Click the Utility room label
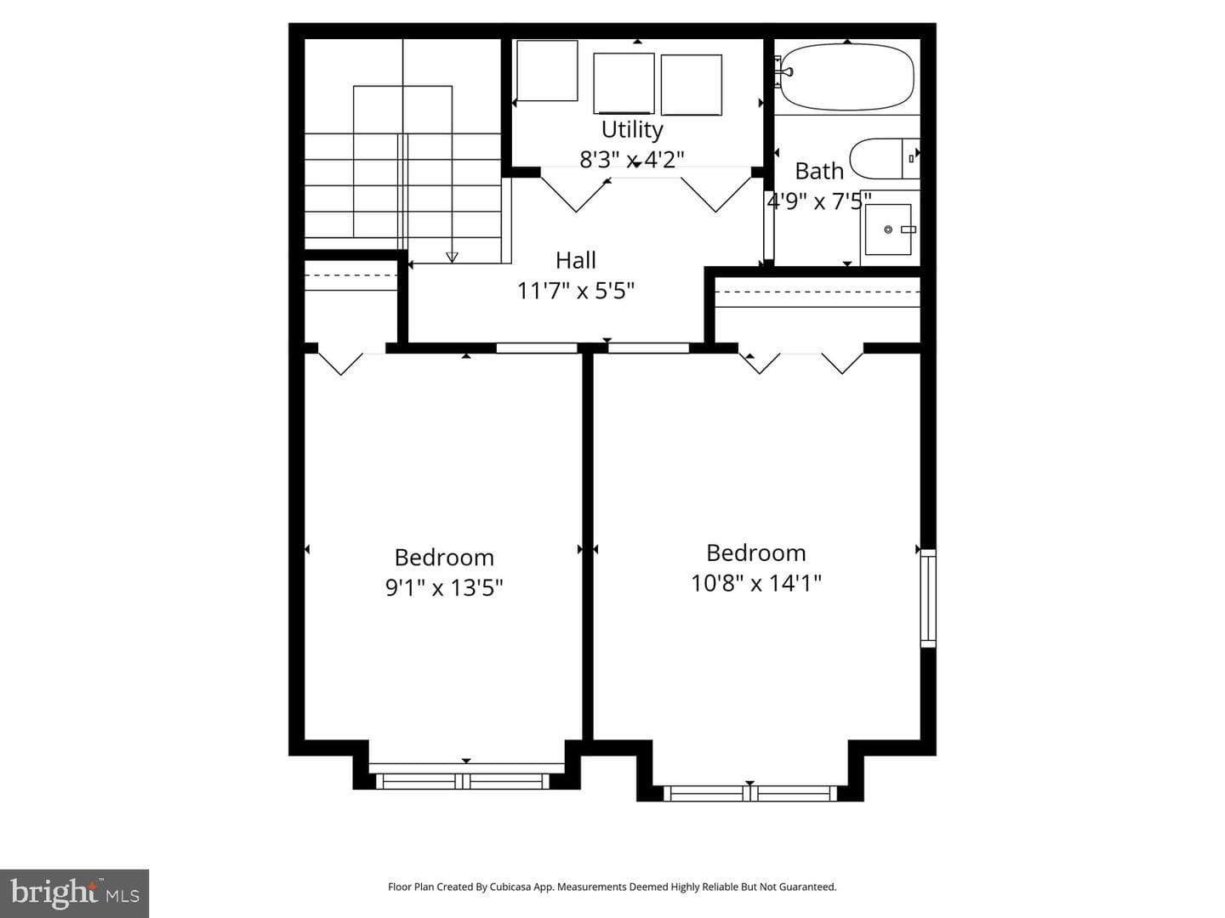click(632, 129)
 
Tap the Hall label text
click(575, 260)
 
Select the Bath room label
click(818, 171)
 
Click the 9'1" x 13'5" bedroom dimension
click(444, 587)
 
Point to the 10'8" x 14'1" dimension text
click(756, 583)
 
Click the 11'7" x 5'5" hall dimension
click(575, 291)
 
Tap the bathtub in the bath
click(846, 76)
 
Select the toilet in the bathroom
click(885, 159)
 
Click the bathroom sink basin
click(888, 229)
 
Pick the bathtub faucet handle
click(785, 71)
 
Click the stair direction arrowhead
click(452, 257)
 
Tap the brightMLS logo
click(74, 893)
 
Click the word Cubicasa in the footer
click(510, 887)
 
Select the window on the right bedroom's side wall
click(928, 598)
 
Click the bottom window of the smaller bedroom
click(463, 781)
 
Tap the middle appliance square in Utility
click(624, 83)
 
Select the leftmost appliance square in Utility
click(547, 71)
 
